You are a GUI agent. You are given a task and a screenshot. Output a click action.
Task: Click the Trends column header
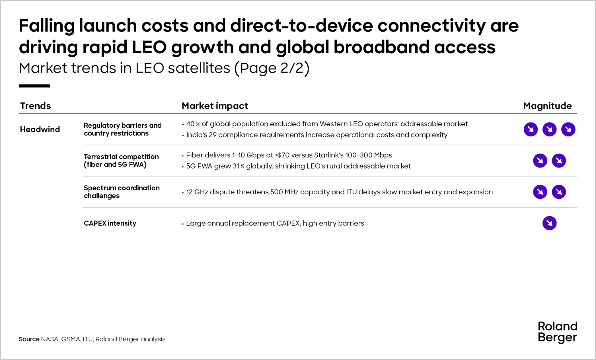(x=35, y=106)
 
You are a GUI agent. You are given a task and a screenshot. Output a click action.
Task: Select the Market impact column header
(x=215, y=106)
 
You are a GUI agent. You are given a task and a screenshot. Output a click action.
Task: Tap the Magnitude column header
(x=547, y=106)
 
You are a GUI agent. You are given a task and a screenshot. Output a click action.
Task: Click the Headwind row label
(x=40, y=129)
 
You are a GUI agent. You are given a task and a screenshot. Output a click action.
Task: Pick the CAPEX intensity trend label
(x=110, y=223)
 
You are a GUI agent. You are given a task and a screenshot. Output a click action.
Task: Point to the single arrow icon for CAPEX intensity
(x=549, y=223)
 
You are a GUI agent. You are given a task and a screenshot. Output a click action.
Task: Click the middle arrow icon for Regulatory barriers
(x=549, y=130)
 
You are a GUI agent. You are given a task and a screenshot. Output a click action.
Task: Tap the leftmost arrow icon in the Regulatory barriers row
(x=531, y=130)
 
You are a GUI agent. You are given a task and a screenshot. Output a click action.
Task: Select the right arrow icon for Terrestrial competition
(x=559, y=160)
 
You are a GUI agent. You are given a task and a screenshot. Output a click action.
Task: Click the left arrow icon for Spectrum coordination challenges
(x=540, y=192)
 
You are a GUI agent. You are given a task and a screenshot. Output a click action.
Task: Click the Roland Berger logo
(x=557, y=332)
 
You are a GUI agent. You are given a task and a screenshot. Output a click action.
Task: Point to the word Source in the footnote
(x=29, y=339)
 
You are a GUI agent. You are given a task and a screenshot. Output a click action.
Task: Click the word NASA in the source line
(x=50, y=339)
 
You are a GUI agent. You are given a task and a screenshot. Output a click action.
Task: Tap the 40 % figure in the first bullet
(x=193, y=124)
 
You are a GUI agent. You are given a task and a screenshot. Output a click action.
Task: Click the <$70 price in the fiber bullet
(x=282, y=155)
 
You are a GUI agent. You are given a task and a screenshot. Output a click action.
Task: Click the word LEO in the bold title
(x=149, y=47)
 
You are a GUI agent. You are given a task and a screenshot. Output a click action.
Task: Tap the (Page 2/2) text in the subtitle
(x=272, y=69)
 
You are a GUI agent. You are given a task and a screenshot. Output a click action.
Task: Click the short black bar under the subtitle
(x=34, y=86)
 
